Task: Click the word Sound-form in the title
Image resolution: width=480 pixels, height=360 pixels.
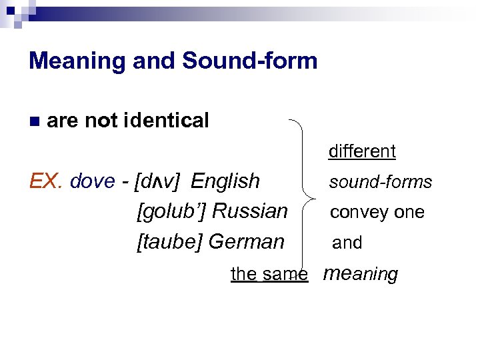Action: click(249, 61)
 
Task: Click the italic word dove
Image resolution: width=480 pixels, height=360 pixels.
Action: click(92, 181)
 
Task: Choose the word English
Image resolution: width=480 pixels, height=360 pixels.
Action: click(225, 181)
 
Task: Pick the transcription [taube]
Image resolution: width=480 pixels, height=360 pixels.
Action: click(170, 241)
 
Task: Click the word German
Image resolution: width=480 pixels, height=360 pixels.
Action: click(247, 241)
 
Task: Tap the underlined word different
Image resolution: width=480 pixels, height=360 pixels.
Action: click(362, 151)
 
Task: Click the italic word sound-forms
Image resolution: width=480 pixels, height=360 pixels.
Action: click(381, 182)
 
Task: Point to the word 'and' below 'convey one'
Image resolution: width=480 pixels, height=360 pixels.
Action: click(347, 243)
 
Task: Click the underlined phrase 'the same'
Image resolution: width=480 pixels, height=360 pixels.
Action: click(269, 273)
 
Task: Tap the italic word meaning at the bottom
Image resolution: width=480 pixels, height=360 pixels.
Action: click(360, 273)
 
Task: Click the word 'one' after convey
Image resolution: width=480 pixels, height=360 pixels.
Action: click(409, 213)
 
